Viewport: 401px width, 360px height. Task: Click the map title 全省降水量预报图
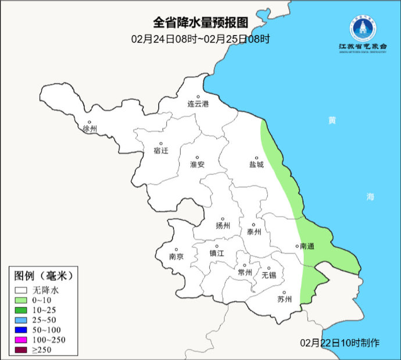[201, 23]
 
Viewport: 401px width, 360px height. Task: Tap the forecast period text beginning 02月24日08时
[201, 40]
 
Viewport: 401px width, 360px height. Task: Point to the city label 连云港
[198, 104]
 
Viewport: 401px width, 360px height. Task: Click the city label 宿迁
[160, 151]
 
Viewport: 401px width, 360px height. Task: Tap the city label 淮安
[198, 165]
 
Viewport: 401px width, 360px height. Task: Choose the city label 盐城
[256, 165]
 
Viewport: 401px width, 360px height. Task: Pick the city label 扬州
[223, 226]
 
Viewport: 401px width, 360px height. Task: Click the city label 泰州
[254, 231]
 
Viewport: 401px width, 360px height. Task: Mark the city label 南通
[307, 247]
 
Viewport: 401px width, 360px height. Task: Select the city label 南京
[176, 256]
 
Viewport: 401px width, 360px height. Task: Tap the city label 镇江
[217, 254]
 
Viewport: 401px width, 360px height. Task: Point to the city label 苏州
[284, 300]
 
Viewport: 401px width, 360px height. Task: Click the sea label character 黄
[332, 120]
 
